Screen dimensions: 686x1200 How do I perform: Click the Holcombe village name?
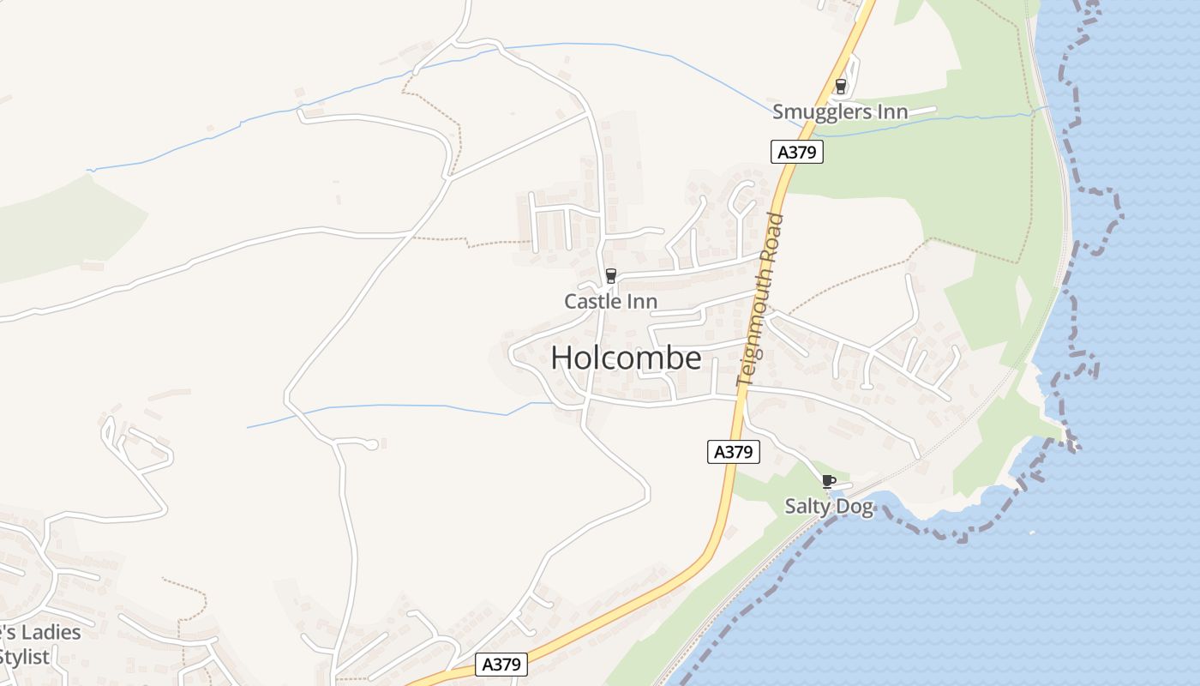[626, 358]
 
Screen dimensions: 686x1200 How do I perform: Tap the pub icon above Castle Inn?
[611, 276]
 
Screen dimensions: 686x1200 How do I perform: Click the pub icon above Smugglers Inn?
[841, 86]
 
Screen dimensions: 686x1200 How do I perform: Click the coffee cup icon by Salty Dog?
[828, 481]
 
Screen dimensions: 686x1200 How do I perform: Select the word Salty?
[807, 507]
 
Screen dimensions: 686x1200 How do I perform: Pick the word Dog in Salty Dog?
[855, 507]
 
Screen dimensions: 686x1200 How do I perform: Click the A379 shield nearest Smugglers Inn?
[797, 153]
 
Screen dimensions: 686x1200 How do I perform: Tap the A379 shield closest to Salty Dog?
[734, 452]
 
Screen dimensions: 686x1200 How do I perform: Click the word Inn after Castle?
[642, 302]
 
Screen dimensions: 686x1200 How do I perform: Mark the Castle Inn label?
[611, 302]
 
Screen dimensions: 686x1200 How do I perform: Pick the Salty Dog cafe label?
[829, 507]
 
